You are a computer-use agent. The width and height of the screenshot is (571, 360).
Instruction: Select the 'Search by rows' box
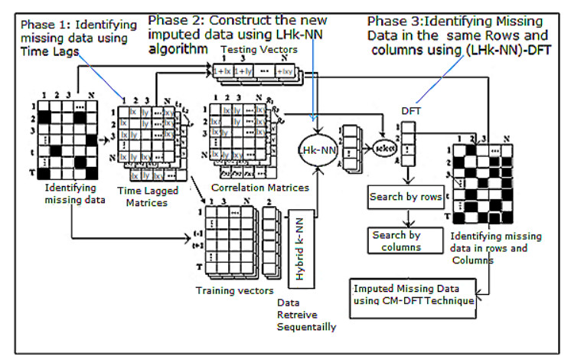pos(406,196)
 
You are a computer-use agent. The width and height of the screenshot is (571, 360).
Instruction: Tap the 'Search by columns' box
pos(395,240)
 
